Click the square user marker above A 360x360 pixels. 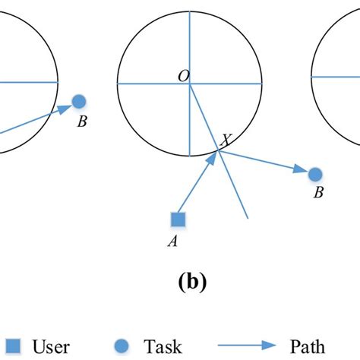click(178, 220)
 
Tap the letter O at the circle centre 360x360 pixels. click(183, 76)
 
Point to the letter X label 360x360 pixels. click(226, 140)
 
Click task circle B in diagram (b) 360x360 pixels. click(315, 175)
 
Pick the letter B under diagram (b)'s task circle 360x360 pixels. click(319, 193)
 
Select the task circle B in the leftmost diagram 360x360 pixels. click(79, 101)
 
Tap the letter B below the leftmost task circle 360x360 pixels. click(81, 120)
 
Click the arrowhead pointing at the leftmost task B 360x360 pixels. click(66, 107)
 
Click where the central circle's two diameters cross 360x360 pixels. click(190, 83)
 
